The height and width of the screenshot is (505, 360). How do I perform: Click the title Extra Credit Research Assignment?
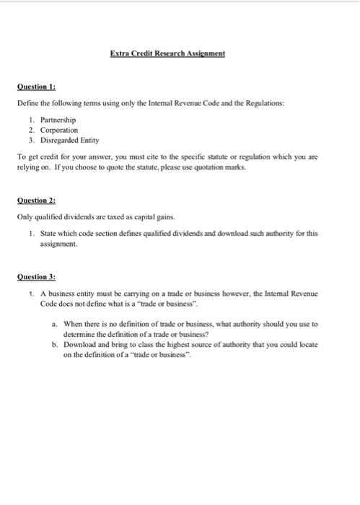[168, 53]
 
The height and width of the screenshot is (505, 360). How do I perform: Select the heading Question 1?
[36, 86]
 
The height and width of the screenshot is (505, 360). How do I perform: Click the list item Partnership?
[60, 119]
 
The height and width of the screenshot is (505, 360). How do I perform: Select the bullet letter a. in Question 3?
[55, 324]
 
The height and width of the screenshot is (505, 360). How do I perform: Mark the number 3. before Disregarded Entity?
[32, 139]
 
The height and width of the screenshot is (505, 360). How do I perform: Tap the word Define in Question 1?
[28, 103]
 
